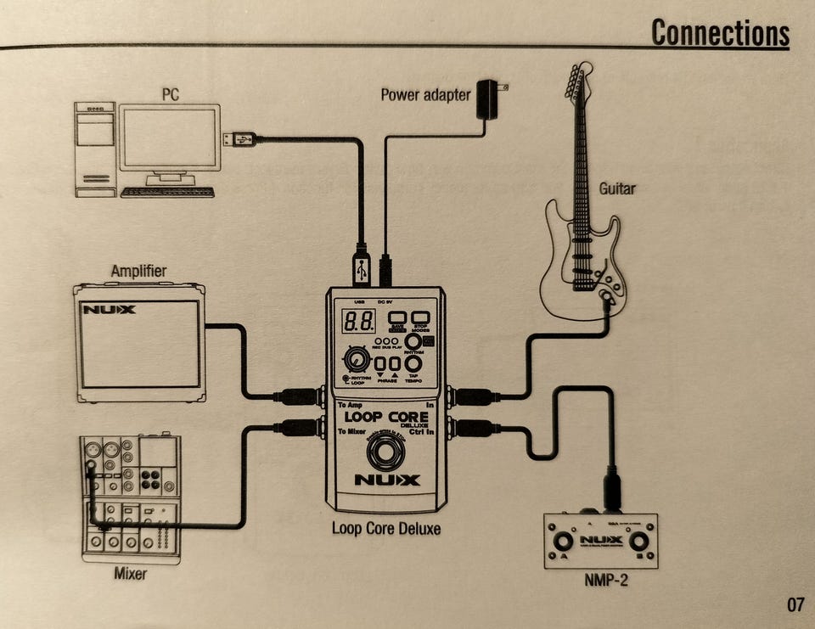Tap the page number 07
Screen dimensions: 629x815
point(795,605)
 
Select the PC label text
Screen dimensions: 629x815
point(171,93)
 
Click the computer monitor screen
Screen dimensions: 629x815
point(170,138)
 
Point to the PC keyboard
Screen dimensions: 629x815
point(167,192)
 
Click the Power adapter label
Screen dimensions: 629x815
point(424,94)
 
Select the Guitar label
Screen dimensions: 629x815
point(617,188)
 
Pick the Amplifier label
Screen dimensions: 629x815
point(138,272)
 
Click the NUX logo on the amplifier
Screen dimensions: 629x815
point(109,310)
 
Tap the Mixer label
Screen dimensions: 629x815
point(130,574)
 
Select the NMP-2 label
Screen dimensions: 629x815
point(600,581)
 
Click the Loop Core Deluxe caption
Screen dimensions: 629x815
point(385,529)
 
